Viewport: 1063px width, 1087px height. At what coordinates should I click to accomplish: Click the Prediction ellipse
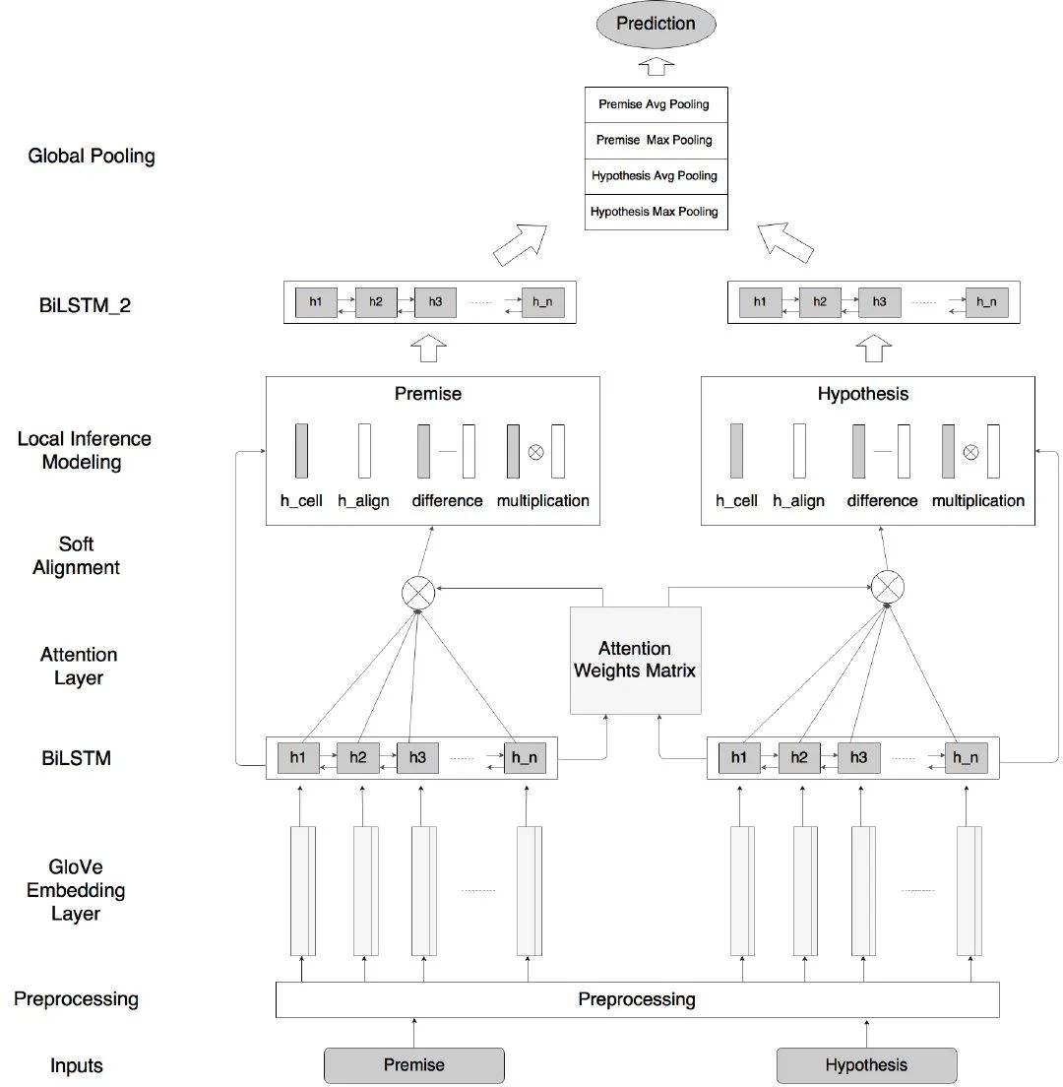point(656,24)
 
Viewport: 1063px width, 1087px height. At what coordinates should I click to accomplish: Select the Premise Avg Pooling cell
point(656,104)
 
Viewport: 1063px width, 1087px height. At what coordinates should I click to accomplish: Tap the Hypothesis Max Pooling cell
point(656,212)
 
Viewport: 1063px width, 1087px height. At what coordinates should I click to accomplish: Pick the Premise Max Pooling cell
point(656,140)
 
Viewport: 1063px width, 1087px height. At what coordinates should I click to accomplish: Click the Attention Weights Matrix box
point(636,660)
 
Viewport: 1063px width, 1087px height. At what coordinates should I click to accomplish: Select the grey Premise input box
point(413,1064)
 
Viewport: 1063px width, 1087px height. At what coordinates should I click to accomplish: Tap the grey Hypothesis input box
point(866,1064)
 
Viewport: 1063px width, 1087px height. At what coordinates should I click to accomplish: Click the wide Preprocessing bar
point(637,999)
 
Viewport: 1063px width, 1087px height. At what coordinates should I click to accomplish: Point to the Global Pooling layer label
point(92,156)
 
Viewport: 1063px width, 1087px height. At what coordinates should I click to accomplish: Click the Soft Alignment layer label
point(77,555)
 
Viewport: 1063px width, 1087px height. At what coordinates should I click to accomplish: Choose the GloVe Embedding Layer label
point(76,890)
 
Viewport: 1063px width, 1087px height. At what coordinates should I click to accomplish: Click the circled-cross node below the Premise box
point(419,591)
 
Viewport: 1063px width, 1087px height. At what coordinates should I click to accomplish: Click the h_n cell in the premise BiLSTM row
point(525,758)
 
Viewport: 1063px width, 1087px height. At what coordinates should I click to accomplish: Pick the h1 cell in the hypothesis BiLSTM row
point(739,758)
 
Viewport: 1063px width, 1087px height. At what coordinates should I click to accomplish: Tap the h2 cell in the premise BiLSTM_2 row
point(376,302)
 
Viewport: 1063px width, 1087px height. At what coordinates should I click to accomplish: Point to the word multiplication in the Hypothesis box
point(977,500)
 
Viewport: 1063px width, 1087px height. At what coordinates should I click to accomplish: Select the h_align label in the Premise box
point(363,500)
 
